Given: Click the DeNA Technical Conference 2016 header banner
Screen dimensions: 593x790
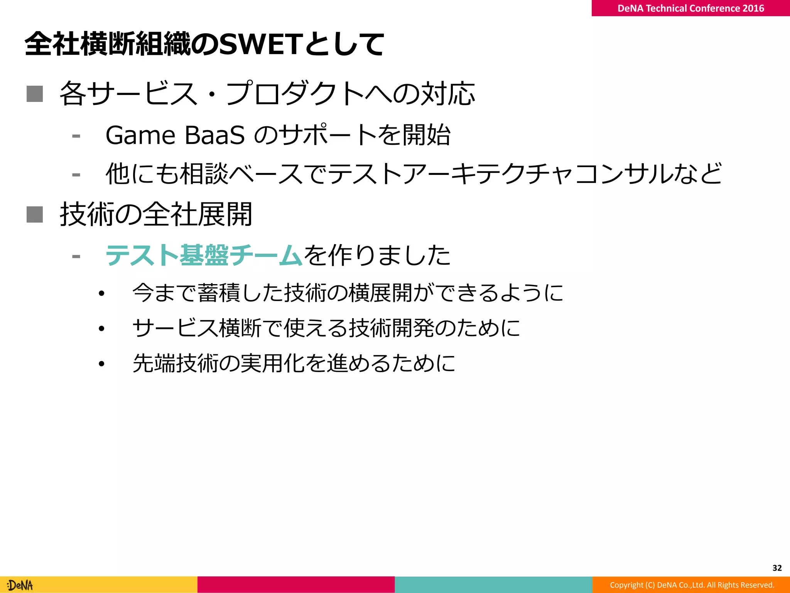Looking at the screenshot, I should [690, 8].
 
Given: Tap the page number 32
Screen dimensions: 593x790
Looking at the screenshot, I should [777, 568].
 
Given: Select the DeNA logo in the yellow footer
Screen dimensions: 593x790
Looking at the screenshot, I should [20, 585].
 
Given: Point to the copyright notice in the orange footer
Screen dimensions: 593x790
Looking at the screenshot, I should [692, 585].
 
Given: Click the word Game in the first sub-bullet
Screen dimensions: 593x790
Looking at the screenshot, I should [140, 135].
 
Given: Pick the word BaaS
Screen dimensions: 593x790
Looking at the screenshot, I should [214, 135].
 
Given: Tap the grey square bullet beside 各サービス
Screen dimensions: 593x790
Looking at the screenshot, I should [35, 94].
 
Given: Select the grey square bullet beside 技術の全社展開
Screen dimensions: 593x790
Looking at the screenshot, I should [35, 215].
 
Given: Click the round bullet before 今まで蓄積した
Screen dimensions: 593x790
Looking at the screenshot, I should [101, 294].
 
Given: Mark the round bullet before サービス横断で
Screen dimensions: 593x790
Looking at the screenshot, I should [101, 329].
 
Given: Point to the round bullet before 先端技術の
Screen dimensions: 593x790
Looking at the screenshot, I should [101, 364].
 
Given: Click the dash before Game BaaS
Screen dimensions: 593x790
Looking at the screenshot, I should [76, 136].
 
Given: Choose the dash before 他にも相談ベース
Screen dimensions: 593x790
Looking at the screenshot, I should [76, 175].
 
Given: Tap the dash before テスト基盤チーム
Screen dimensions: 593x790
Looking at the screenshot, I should [76, 256].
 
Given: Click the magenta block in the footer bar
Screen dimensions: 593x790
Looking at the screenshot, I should [296, 585].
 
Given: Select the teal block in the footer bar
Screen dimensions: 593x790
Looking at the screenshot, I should [493, 585].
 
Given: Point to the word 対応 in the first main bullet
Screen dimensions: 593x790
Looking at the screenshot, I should [447, 94].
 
